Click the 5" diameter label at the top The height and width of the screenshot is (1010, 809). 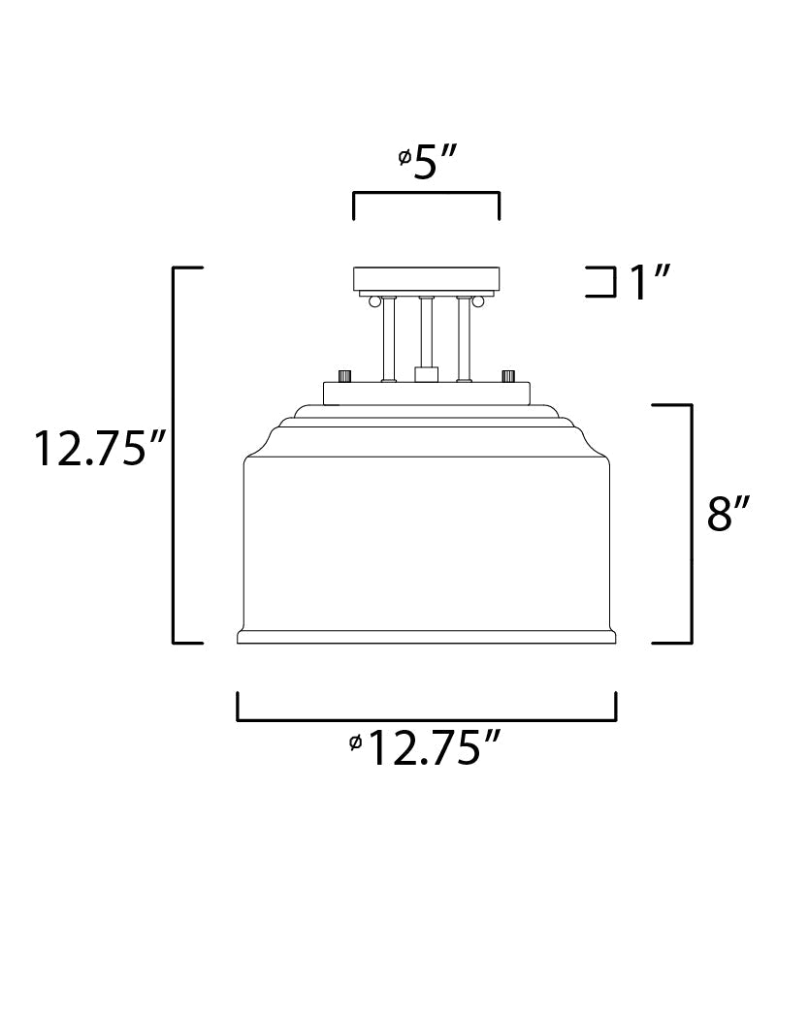pyautogui.click(x=436, y=163)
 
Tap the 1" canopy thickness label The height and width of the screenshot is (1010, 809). pyautogui.click(x=650, y=283)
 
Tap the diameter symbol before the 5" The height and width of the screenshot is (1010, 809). pyautogui.click(x=404, y=157)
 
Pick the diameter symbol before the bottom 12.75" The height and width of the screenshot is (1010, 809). pyautogui.click(x=355, y=742)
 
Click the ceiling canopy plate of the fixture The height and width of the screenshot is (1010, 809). pyautogui.click(x=426, y=277)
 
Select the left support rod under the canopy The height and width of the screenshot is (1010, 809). pyautogui.click(x=388, y=339)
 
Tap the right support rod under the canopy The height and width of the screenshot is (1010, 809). pyautogui.click(x=463, y=339)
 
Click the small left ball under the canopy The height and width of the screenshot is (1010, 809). pyautogui.click(x=373, y=301)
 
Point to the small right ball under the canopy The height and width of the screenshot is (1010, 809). pyautogui.click(x=477, y=301)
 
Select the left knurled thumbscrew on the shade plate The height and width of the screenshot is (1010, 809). pyautogui.click(x=343, y=375)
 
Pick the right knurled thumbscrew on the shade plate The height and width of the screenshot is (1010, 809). pyautogui.click(x=507, y=375)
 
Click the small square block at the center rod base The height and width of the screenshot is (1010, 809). pyautogui.click(x=426, y=374)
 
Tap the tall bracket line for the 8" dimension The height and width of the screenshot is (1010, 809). pyautogui.click(x=690, y=523)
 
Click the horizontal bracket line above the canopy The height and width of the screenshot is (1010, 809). pyautogui.click(x=426, y=194)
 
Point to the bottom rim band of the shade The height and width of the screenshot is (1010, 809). pyautogui.click(x=426, y=637)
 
